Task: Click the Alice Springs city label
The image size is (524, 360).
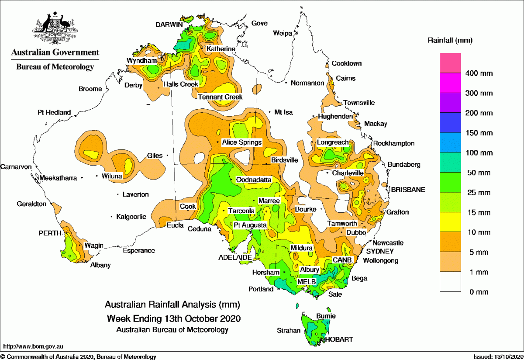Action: (241, 142)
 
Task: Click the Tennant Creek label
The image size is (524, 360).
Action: (221, 97)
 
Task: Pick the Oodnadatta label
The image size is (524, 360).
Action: (254, 180)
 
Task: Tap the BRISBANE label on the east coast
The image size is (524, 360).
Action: (408, 190)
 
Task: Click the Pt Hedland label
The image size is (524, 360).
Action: (54, 113)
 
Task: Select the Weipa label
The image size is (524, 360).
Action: (283, 33)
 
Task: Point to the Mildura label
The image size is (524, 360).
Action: (301, 248)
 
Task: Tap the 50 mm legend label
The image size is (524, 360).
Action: (479, 173)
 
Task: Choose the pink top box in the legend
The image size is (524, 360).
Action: (450, 63)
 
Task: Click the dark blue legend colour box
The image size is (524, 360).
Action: (450, 123)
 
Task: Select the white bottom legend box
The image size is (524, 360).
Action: (450, 282)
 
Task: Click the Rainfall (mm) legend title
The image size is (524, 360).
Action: (449, 41)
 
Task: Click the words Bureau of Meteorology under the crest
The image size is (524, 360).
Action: (55, 67)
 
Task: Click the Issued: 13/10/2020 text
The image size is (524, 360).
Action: (497, 357)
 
